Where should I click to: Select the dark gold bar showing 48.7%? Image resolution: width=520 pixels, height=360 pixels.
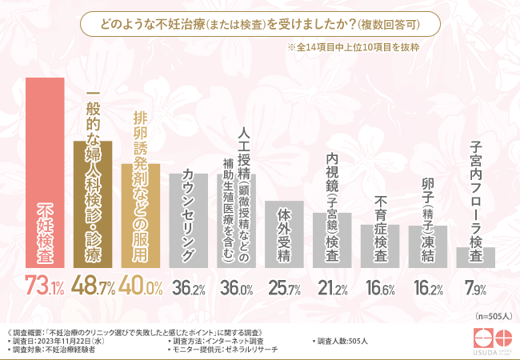(93, 204)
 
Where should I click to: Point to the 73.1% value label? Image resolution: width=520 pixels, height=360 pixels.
(45, 285)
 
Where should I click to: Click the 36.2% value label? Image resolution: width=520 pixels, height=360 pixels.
(188, 286)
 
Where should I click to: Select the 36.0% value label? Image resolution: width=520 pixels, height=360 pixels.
(236, 286)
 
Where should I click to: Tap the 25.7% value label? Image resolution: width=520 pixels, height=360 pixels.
(283, 286)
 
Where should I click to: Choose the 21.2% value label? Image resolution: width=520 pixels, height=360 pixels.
(331, 286)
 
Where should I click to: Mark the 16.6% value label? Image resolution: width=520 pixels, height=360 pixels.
(379, 286)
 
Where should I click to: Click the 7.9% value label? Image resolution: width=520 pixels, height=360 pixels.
(475, 286)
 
